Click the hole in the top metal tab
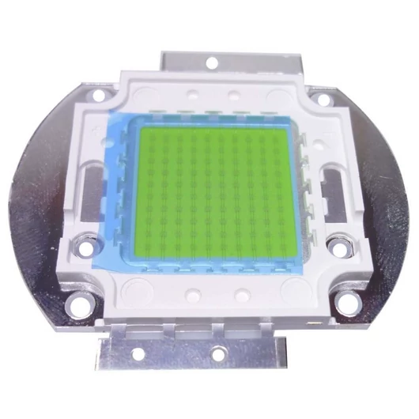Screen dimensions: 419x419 213,60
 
